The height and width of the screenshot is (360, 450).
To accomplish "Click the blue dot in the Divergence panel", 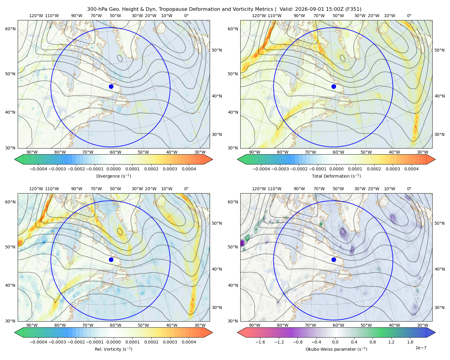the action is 111,87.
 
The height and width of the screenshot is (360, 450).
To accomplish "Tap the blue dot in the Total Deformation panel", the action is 334,87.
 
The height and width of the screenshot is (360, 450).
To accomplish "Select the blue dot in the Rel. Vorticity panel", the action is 111,259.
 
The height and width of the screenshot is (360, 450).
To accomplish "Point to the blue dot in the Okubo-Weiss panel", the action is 334,259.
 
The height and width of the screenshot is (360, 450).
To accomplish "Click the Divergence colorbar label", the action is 113,176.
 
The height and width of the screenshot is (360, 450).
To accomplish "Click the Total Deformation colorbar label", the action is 336,176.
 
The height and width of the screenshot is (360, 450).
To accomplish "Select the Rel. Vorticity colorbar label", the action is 113,349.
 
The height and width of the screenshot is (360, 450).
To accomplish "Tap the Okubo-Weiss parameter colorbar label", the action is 336,349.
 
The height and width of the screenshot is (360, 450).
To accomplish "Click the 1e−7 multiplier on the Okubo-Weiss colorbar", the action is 421,348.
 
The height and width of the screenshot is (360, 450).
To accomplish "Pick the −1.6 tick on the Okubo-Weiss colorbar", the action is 260,342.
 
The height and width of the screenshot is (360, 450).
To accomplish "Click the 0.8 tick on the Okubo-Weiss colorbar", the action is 373,342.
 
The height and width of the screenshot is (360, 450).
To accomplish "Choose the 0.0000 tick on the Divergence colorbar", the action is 113,169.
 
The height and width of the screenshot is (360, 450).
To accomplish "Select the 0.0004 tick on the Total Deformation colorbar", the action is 412,169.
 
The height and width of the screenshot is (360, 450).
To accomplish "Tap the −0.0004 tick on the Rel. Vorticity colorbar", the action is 38,342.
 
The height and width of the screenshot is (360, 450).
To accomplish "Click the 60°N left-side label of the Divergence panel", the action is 10,29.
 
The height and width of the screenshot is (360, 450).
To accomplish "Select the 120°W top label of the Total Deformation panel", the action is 259,16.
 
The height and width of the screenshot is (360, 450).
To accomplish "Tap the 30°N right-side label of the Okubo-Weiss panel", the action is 439,307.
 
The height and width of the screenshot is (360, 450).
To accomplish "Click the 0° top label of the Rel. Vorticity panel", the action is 186,189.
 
